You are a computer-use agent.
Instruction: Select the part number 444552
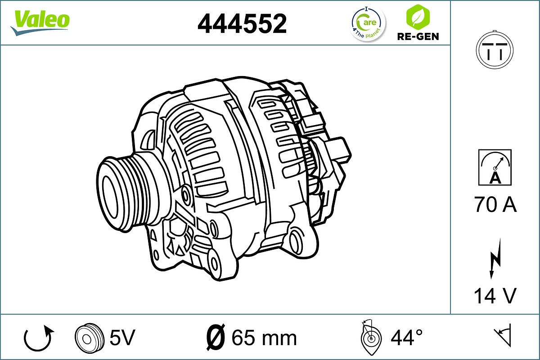242,23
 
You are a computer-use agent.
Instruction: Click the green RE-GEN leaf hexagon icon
417,16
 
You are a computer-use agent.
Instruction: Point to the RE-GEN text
417,36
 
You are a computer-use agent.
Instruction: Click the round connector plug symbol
495,49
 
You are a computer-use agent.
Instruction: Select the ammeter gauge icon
495,167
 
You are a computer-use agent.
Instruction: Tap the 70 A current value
495,205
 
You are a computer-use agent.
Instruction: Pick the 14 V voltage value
495,296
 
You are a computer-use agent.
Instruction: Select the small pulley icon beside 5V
86,337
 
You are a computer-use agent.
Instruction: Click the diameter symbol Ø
215,337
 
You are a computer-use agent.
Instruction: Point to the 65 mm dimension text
264,337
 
